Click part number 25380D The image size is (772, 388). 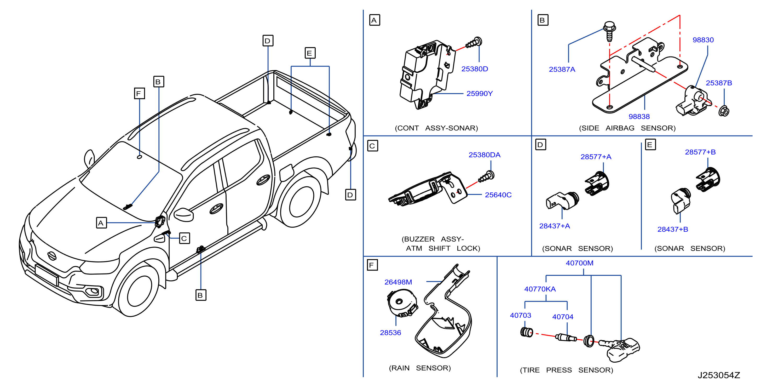tap(474, 69)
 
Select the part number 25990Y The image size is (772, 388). tap(480, 94)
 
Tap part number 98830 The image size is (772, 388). tap(703, 40)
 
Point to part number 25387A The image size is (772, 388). tap(562, 69)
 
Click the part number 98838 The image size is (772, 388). tap(639, 116)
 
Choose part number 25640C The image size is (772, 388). tap(498, 195)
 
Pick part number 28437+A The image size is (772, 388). tap(554, 226)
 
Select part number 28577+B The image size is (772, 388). tap(700, 152)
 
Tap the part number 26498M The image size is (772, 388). tap(398, 282)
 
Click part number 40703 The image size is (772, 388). tap(520, 315)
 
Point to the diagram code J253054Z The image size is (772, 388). tap(719, 375)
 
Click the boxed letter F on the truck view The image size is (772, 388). tap(139, 93)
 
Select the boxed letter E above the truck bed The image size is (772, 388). tap(310, 53)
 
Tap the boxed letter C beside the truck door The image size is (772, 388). tap(184, 238)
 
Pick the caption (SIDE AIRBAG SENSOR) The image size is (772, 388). tap(627, 128)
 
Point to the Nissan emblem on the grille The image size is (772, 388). tap(52, 256)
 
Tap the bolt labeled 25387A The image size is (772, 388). tap(609, 31)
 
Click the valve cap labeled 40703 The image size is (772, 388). tap(527, 332)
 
